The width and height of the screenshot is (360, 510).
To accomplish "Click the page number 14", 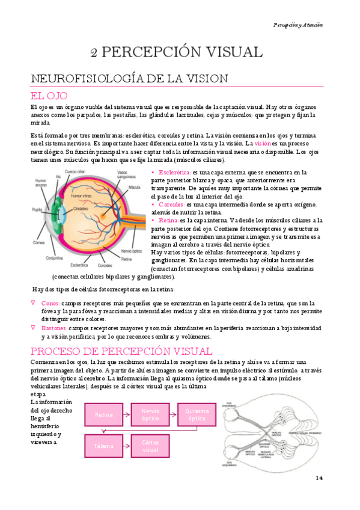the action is (x=319, y=478).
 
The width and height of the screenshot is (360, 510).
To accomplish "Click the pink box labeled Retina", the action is (x=104, y=414).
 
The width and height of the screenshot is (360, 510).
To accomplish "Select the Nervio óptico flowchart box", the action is (x=151, y=414).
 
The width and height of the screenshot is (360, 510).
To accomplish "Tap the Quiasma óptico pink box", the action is (x=197, y=414).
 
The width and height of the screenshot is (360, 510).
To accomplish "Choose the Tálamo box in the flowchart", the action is (x=104, y=446).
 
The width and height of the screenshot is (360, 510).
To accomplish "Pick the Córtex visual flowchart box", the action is (x=151, y=446).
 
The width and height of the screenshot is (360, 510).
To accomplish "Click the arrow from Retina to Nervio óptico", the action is (x=127, y=414).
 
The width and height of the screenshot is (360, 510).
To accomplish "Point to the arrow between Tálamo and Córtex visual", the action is (x=127, y=446).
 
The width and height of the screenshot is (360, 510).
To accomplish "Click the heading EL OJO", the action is (x=49, y=96).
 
